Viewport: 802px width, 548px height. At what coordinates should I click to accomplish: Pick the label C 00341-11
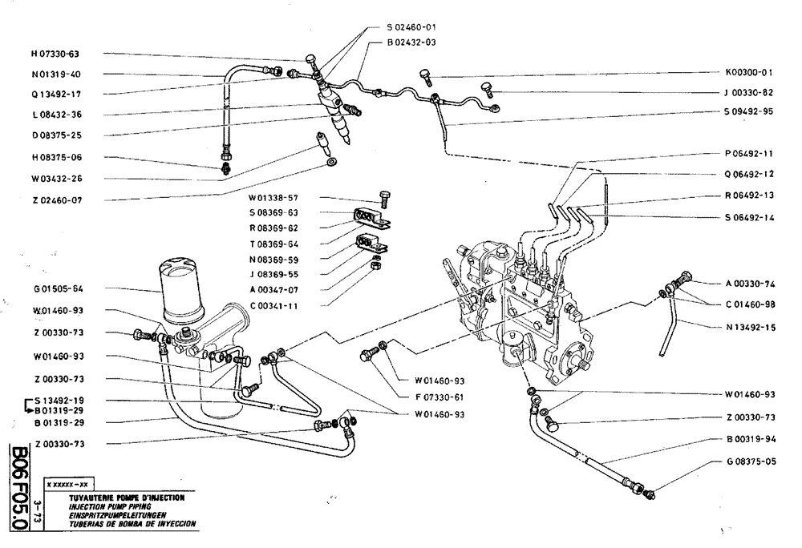(x=275, y=305)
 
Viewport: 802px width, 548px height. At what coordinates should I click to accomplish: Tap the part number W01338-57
(x=275, y=197)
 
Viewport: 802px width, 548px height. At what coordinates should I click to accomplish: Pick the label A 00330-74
(x=745, y=284)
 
